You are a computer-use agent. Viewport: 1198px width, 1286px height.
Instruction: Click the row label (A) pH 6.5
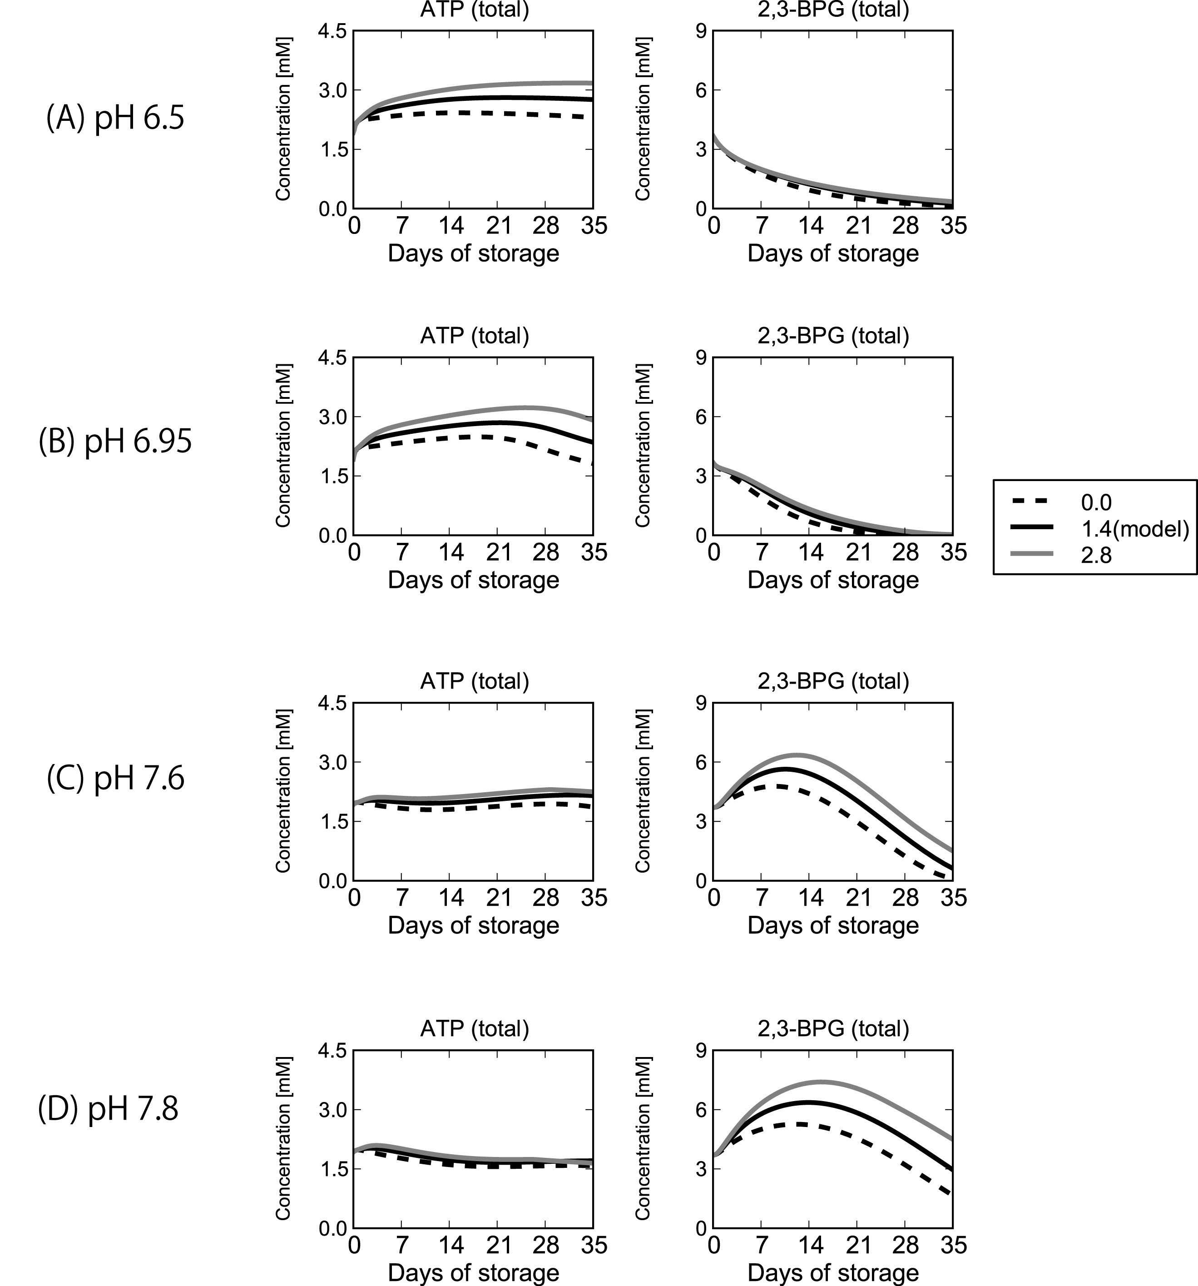(115, 119)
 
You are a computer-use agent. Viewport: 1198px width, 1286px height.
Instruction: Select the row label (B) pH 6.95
(115, 442)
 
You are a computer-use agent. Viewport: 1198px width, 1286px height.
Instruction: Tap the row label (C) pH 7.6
(115, 778)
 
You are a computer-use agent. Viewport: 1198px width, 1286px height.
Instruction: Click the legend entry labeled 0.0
(1095, 502)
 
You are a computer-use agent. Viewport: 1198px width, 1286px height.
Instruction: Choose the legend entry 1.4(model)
(1134, 529)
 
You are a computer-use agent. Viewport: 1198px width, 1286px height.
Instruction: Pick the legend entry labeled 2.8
(1095, 555)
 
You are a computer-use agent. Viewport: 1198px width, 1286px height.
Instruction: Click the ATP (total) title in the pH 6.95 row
(474, 335)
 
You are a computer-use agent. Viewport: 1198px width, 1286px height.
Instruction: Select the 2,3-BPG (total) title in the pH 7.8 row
(833, 1028)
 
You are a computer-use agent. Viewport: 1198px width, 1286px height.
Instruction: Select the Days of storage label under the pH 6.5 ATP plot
(474, 253)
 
